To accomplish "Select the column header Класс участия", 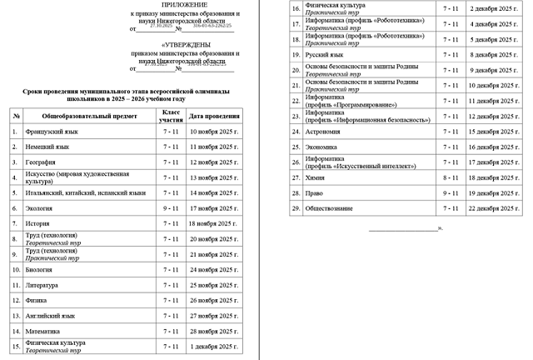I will [171, 116].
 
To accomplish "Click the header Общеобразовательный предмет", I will [88, 116].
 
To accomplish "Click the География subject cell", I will [41, 162].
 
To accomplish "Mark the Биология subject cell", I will [40, 269].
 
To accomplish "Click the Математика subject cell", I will [44, 330].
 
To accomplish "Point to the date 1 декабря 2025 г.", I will [214, 345].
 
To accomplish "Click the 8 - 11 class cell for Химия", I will [451, 177].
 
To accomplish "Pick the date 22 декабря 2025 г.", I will [494, 207].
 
